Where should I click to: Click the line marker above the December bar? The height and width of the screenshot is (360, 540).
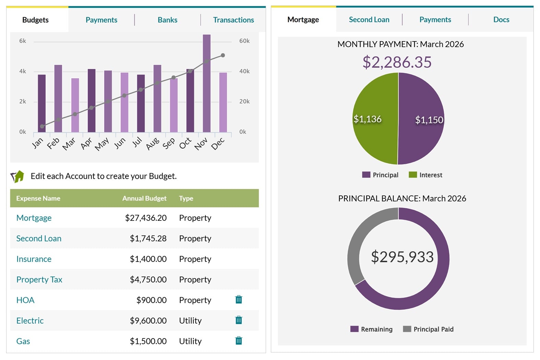point(223,55)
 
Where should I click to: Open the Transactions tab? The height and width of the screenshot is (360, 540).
point(233,20)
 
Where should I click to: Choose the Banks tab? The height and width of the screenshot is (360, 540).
point(167,20)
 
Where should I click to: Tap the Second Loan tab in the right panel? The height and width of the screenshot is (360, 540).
point(369,20)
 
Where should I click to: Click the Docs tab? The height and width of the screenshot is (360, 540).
point(501,20)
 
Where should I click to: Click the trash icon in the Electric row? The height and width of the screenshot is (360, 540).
point(239,320)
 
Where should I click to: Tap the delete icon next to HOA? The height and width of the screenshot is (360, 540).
point(239,300)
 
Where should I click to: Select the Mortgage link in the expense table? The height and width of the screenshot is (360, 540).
point(34,218)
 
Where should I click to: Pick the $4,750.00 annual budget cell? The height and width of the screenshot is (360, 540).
point(148,279)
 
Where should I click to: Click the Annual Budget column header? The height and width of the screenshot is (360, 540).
point(144,198)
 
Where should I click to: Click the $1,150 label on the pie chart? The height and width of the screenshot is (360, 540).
point(429,120)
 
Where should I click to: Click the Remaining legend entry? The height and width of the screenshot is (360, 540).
point(372,329)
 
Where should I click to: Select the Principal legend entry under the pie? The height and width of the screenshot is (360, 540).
point(380,175)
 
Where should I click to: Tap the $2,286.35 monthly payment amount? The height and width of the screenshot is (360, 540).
point(397,62)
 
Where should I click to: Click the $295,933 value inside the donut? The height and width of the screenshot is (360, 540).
point(402,257)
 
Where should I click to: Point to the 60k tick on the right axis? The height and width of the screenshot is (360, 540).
point(244,41)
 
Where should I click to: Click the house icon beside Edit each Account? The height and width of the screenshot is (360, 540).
point(17,177)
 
